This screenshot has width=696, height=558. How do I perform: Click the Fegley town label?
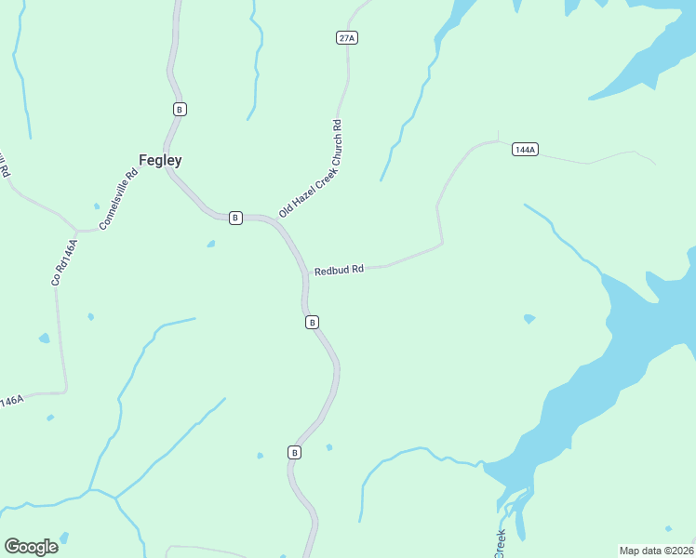point(160,160)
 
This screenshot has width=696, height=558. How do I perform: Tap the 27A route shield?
point(347,37)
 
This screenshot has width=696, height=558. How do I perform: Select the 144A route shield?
point(525,149)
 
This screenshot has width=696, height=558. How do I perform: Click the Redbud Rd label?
point(338,271)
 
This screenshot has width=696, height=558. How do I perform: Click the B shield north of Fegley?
point(180,109)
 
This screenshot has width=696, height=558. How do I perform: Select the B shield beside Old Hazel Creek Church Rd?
point(235,218)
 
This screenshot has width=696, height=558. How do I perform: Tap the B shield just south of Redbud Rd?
point(313,322)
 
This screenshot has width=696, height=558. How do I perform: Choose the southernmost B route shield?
point(294,452)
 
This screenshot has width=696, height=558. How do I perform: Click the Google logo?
point(31,547)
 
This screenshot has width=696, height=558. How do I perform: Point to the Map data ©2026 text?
point(656,550)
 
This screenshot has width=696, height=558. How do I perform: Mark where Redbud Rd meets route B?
point(305,272)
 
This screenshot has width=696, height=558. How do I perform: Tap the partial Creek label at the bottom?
point(500,543)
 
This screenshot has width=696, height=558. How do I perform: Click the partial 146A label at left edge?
point(11,402)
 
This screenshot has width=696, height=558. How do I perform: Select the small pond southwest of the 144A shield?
point(529,319)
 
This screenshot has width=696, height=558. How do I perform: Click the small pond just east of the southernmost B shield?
point(329,447)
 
